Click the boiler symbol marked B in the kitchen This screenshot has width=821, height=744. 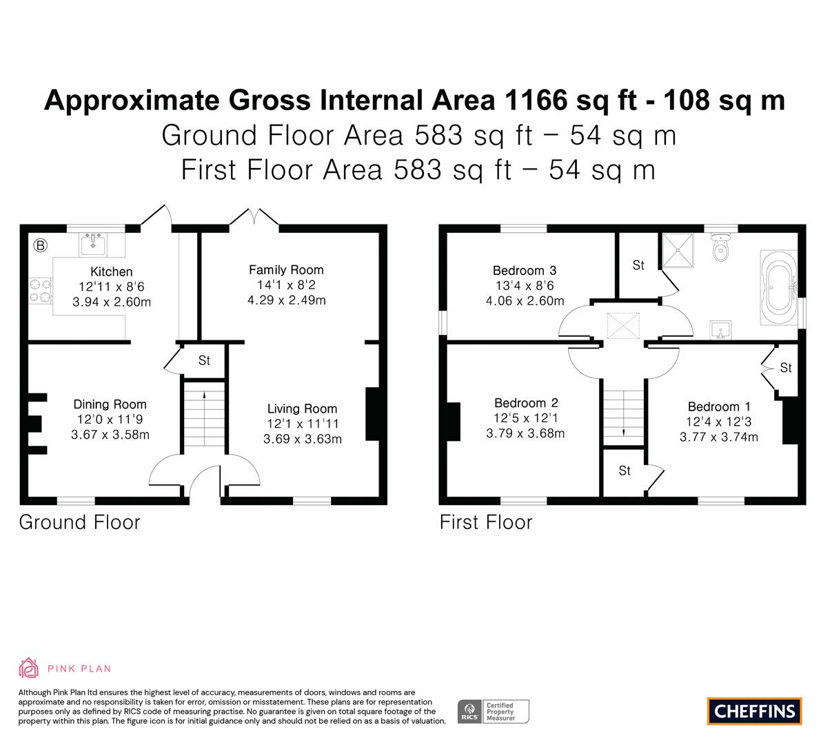40,245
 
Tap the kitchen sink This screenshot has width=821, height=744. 92,245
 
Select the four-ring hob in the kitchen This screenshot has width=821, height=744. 40,291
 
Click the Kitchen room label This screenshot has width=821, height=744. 112,271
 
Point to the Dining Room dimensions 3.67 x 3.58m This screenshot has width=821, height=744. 110,434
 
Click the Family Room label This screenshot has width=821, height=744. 286,270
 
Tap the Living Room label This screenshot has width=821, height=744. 302,409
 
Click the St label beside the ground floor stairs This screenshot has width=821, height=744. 204,360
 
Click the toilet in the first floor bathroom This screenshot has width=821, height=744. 721,247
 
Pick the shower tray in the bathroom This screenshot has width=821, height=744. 678,251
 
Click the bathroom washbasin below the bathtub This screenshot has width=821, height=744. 721,331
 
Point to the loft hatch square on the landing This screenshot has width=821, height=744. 623,326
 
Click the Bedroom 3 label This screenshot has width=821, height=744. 525,271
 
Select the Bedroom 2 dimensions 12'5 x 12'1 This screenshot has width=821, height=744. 526,418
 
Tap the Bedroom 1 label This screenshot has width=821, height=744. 719,406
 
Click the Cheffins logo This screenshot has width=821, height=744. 755,711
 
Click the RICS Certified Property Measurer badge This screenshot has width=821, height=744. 494,712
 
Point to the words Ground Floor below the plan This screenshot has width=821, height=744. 79,522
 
